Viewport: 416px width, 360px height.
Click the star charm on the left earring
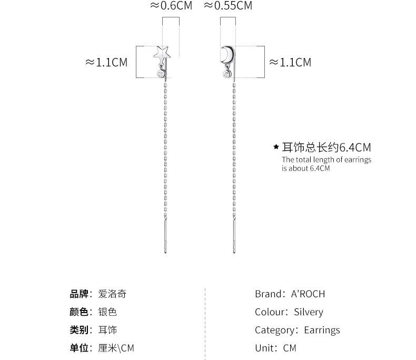(162, 53)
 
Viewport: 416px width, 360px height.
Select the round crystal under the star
(161, 74)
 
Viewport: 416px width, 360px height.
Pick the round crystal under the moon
(227, 74)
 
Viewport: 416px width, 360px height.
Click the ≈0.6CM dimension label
(171, 6)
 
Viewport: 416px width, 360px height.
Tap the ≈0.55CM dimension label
(228, 6)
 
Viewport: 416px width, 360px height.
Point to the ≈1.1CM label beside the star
(106, 63)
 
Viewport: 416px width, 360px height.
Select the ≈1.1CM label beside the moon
(290, 63)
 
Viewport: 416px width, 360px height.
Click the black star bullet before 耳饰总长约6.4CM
(276, 147)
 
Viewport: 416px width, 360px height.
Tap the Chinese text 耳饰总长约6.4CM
(326, 148)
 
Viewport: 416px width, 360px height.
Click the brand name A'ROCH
(308, 294)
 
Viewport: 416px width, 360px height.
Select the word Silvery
(309, 312)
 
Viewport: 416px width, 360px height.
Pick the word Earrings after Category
(322, 330)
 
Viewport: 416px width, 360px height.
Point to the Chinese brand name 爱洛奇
(112, 294)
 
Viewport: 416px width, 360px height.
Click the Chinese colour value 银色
(107, 312)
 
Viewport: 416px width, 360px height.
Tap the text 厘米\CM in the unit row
(116, 348)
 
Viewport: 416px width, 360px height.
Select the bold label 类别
(79, 330)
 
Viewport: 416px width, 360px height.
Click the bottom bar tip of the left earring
(165, 252)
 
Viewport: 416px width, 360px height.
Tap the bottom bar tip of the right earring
(234, 252)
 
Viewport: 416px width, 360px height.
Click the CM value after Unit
(290, 348)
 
